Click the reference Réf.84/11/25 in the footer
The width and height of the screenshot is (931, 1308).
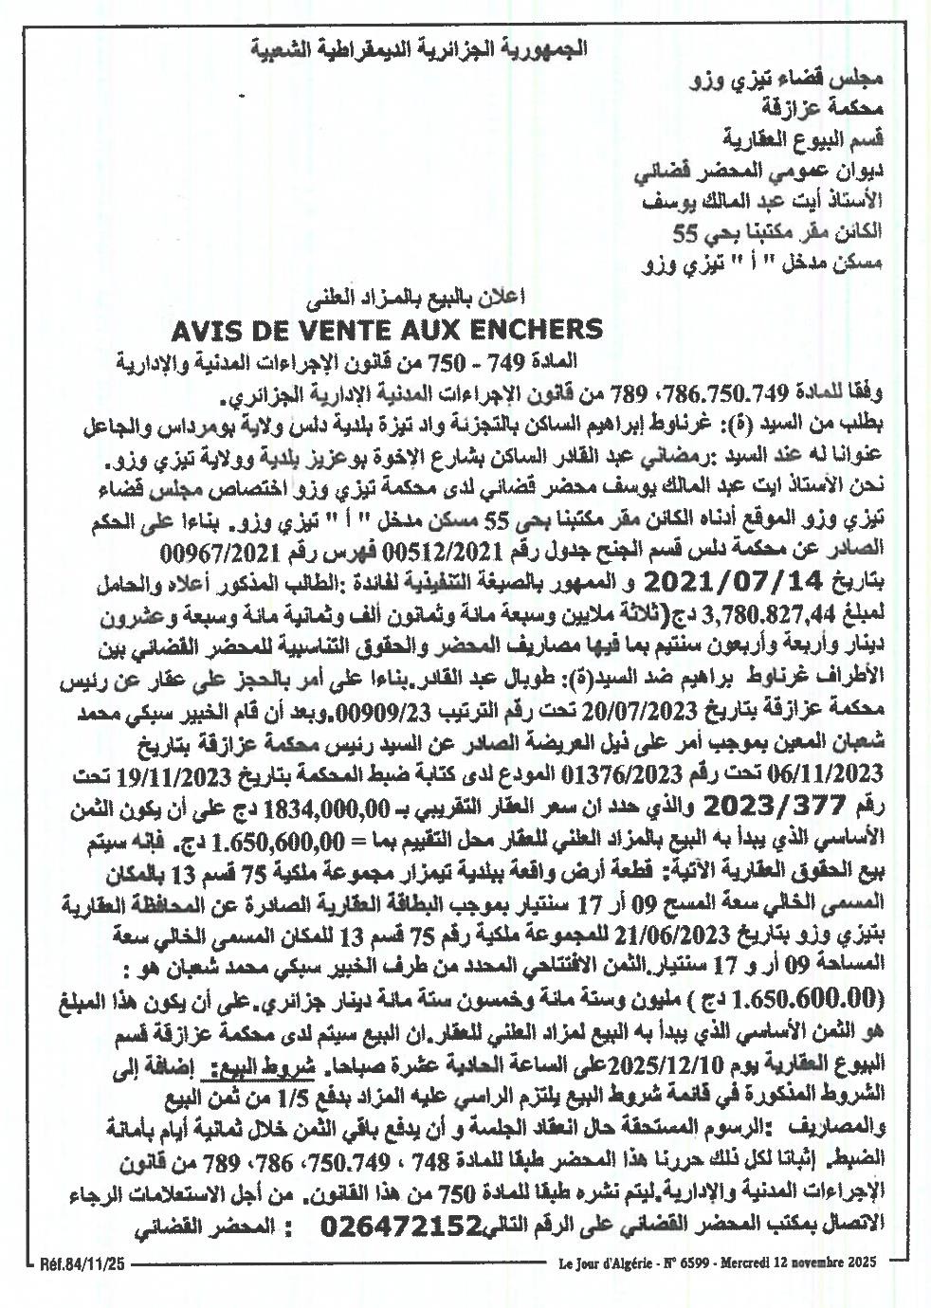(82, 1264)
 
